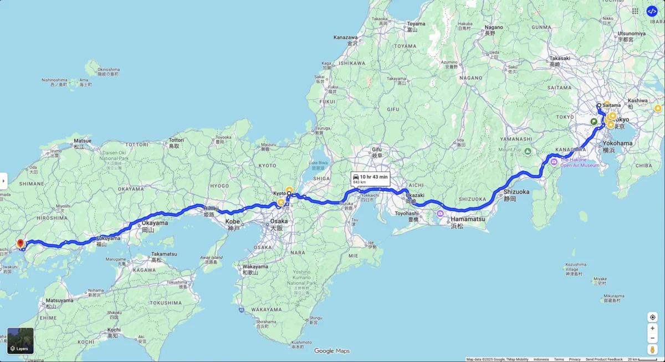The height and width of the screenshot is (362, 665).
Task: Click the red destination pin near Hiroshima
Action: pos(21,243)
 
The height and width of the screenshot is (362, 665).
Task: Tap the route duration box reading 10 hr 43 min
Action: pos(371,178)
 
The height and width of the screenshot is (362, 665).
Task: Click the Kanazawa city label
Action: pos(345,37)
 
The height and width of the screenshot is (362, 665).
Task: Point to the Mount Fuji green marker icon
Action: pos(528,152)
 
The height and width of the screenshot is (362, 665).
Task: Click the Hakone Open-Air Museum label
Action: pos(580,162)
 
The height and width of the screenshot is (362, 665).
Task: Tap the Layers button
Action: pos(21,341)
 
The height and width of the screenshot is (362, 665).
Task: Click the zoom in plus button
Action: pos(652,328)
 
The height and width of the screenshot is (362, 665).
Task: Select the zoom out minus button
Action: pos(652,338)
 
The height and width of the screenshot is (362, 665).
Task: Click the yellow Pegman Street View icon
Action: pos(652,349)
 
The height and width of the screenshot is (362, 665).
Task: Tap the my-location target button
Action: pos(652,317)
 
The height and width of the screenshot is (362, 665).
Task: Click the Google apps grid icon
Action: pos(635,11)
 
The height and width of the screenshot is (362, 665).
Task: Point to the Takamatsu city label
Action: pos(164,254)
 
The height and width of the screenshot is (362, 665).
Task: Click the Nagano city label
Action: pos(493,27)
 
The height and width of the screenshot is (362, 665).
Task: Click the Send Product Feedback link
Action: pos(604,359)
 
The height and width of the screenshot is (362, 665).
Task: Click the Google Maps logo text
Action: pos(332,351)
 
